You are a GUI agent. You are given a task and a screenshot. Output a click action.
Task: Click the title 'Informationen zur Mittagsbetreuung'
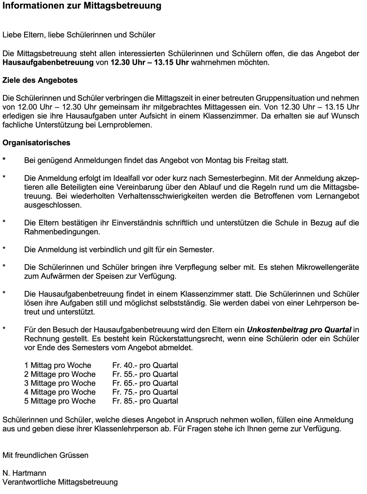tap(82, 6)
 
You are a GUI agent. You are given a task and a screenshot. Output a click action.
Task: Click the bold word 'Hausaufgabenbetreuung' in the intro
tap(48, 63)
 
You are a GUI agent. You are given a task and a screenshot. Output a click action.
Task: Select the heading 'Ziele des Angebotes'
tap(40, 80)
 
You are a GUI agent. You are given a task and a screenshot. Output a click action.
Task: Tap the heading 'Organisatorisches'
tap(36, 143)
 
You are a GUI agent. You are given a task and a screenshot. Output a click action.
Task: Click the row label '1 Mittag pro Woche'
tap(58, 365)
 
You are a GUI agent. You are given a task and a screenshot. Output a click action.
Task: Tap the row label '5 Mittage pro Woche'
tap(60, 401)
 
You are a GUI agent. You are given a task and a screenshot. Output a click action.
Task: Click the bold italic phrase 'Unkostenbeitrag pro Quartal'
tap(299, 330)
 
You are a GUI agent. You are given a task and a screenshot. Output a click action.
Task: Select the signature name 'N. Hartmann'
tap(24, 473)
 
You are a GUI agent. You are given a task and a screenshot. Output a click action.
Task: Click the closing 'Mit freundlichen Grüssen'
tap(45, 455)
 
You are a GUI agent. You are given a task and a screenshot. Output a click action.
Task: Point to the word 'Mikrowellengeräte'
tap(328, 268)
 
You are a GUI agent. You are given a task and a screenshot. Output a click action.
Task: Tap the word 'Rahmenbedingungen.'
tap(62, 232)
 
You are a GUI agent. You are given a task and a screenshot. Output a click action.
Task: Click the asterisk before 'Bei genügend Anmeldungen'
tap(4, 159)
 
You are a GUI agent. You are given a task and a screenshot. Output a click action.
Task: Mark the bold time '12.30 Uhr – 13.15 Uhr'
tap(150, 63)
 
